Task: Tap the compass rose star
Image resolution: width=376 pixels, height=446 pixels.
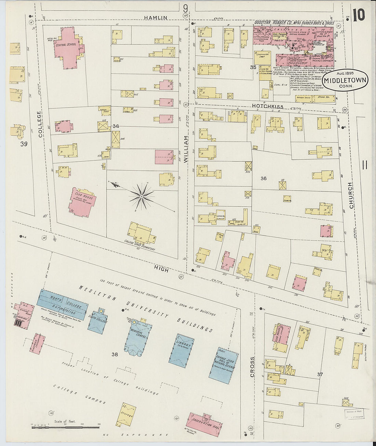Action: [x=141, y=197]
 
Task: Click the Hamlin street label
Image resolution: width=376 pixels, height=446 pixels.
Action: [x=156, y=18]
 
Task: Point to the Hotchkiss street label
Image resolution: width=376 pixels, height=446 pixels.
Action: [x=268, y=107]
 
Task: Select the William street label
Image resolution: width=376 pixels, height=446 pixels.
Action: [x=186, y=149]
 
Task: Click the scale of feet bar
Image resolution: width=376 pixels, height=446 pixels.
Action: [x=65, y=427]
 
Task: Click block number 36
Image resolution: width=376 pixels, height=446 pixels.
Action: [x=263, y=178]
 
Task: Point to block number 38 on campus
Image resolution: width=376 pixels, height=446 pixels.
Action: [x=114, y=354]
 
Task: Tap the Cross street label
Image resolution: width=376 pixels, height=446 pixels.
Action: [x=253, y=367]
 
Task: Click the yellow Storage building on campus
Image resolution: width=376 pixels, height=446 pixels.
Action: [x=126, y=415]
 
